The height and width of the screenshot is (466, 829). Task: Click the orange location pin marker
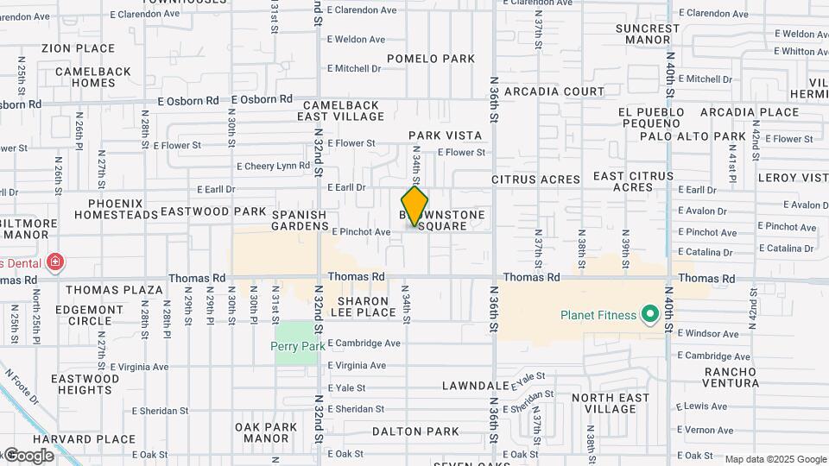[x=414, y=206]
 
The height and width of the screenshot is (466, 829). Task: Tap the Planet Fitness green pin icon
[x=650, y=314]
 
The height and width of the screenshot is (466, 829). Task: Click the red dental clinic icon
[x=55, y=261]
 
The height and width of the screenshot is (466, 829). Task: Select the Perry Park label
[x=297, y=346]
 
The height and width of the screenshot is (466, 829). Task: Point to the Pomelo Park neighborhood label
[x=431, y=59]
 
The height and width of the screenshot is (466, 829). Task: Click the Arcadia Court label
[x=554, y=91]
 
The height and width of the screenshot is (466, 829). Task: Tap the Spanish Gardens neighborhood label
[x=300, y=221]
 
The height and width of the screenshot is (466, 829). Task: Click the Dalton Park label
[x=415, y=431]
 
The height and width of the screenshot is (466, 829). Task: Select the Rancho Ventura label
[x=731, y=377]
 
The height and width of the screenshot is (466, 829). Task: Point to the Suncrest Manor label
[x=648, y=34]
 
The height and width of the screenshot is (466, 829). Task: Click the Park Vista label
[x=445, y=135]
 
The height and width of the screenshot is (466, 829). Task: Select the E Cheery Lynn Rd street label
[x=273, y=166]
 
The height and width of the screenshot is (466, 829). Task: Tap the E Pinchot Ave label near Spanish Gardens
[x=361, y=232]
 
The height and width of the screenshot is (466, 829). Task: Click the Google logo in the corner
[x=28, y=455]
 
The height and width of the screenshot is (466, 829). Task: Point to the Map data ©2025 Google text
[x=775, y=459]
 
